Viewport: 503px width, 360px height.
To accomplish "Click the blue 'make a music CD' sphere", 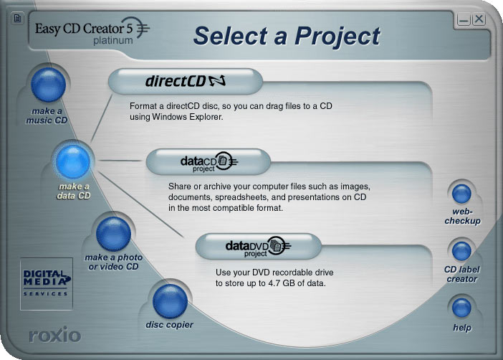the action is [x=48, y=85].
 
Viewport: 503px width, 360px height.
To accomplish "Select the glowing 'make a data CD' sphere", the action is [x=73, y=161].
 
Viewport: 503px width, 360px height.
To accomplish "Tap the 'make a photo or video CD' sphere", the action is [x=113, y=234].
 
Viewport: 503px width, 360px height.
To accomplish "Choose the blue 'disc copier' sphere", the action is [x=170, y=301].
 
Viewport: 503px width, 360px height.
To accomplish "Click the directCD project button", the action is [x=186, y=82].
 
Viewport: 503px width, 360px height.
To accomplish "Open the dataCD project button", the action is [x=209, y=162].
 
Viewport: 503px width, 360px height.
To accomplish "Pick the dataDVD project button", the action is [x=258, y=247].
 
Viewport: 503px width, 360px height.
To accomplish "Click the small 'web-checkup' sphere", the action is [x=461, y=194].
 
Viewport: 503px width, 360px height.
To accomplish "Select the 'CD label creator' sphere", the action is [x=461, y=251].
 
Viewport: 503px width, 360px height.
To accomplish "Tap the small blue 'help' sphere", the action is [x=461, y=308].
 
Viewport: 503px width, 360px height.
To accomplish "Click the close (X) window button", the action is [x=479, y=19].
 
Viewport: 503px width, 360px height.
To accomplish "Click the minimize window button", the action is [x=464, y=20].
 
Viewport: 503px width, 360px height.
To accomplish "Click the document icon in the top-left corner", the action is [x=18, y=18].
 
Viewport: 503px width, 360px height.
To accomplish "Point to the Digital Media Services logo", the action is [x=47, y=283].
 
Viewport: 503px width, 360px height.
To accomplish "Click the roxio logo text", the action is [x=55, y=335].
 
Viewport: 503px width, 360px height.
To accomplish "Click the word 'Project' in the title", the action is [x=337, y=36].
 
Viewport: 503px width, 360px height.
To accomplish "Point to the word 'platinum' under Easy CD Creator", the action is [x=113, y=41].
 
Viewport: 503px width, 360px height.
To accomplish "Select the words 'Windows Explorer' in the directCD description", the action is [x=187, y=117].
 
